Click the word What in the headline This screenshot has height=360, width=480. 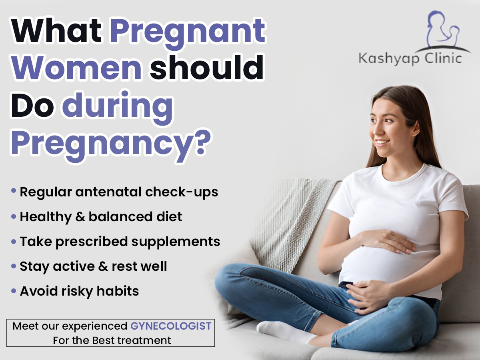(x=56, y=31)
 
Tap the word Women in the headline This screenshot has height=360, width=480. (x=76, y=67)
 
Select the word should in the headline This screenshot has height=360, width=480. (x=207, y=67)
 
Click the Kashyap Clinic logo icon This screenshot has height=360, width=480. (x=444, y=31)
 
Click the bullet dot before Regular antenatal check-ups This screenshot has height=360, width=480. (x=14, y=190)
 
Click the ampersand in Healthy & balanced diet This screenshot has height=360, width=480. (x=80, y=217)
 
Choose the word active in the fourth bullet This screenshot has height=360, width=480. (x=74, y=266)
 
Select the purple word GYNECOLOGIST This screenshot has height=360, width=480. (x=171, y=326)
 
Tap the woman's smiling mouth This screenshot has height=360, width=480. (x=382, y=142)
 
